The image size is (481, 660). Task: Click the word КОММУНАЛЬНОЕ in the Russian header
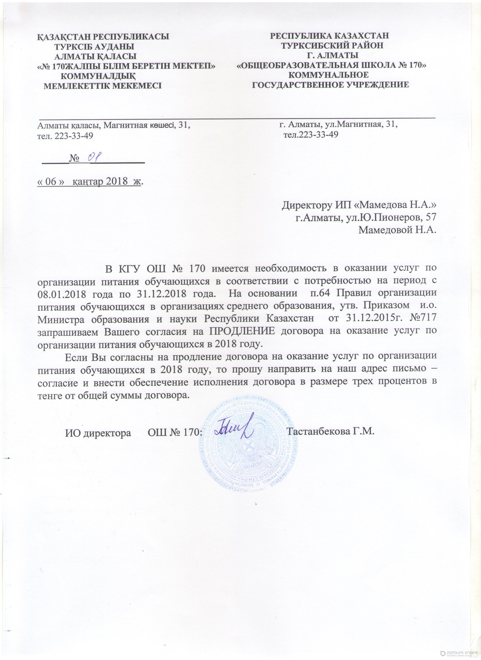tap(328, 75)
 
